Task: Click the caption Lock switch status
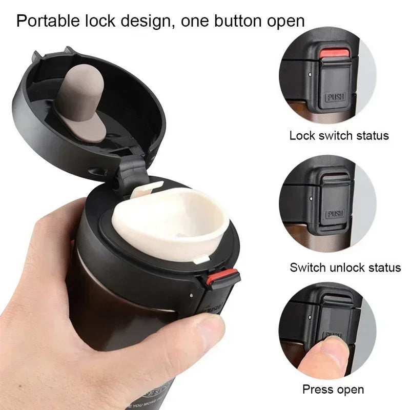point(339,136)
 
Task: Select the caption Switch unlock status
point(345,267)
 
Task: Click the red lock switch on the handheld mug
point(222,278)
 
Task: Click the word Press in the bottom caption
point(315,389)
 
